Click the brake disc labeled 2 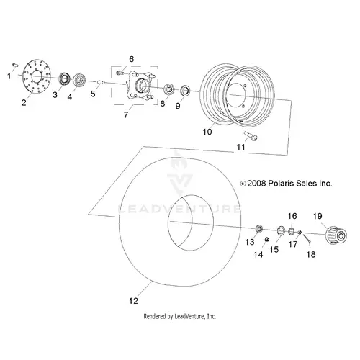37,76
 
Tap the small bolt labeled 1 15,65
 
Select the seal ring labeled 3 65,78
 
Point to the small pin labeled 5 101,83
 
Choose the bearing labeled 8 169,89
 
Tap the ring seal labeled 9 185,91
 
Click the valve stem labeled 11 251,136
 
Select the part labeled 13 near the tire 258,228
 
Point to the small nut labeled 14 266,239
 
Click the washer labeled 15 281,230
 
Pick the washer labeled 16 291,231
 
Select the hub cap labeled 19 336,235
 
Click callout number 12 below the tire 133,300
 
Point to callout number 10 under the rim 207,132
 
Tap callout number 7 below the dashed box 126,114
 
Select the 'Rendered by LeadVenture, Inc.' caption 180,316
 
